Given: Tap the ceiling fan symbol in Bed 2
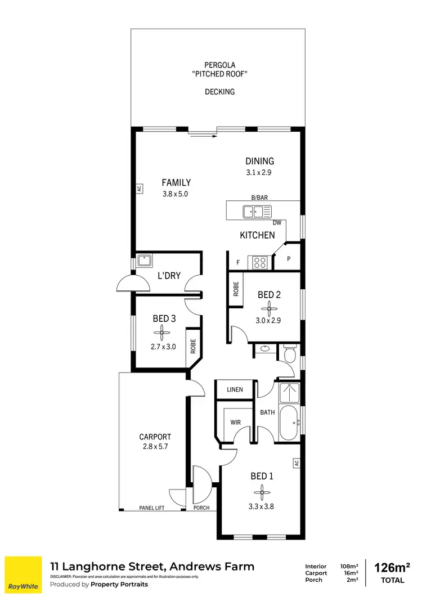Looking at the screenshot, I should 269,308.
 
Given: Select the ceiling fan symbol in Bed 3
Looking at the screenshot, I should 164,333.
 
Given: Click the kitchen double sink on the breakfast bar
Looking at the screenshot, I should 254,212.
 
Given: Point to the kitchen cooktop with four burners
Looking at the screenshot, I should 259,262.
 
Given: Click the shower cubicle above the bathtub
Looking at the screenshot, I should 290,393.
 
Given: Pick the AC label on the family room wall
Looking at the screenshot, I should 138,189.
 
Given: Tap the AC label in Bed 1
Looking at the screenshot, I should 295,463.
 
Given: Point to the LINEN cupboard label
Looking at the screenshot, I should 235,389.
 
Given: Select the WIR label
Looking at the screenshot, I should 235,421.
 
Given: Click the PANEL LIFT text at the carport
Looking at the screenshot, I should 152,508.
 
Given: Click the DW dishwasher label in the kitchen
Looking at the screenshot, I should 277,223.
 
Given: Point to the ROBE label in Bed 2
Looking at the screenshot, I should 236,289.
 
